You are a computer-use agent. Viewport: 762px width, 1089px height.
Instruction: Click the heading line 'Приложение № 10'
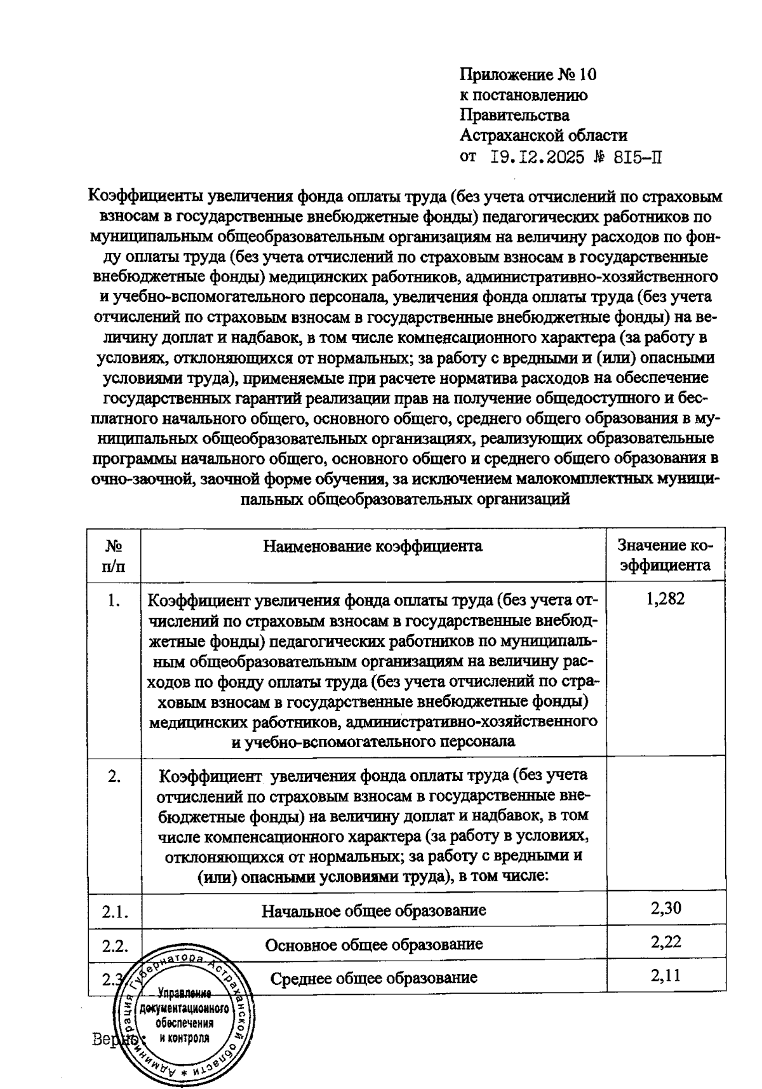528,75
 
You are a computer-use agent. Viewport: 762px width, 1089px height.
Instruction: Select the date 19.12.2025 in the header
538,157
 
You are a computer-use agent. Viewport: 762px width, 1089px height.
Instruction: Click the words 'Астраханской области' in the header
544,135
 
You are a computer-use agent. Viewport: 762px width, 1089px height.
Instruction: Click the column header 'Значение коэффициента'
665,556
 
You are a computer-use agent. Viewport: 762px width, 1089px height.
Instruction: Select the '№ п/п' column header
114,556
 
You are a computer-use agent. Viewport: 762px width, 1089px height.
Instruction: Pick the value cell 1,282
665,599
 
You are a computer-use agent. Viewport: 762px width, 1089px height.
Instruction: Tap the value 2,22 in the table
665,942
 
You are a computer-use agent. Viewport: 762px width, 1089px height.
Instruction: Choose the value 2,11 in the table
665,975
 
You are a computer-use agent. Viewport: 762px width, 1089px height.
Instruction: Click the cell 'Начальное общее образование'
373,910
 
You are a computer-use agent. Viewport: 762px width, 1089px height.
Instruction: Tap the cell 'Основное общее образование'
373,944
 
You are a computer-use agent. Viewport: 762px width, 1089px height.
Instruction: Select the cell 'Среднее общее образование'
373,977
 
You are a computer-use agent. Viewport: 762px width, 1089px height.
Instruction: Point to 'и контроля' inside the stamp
184,1038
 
